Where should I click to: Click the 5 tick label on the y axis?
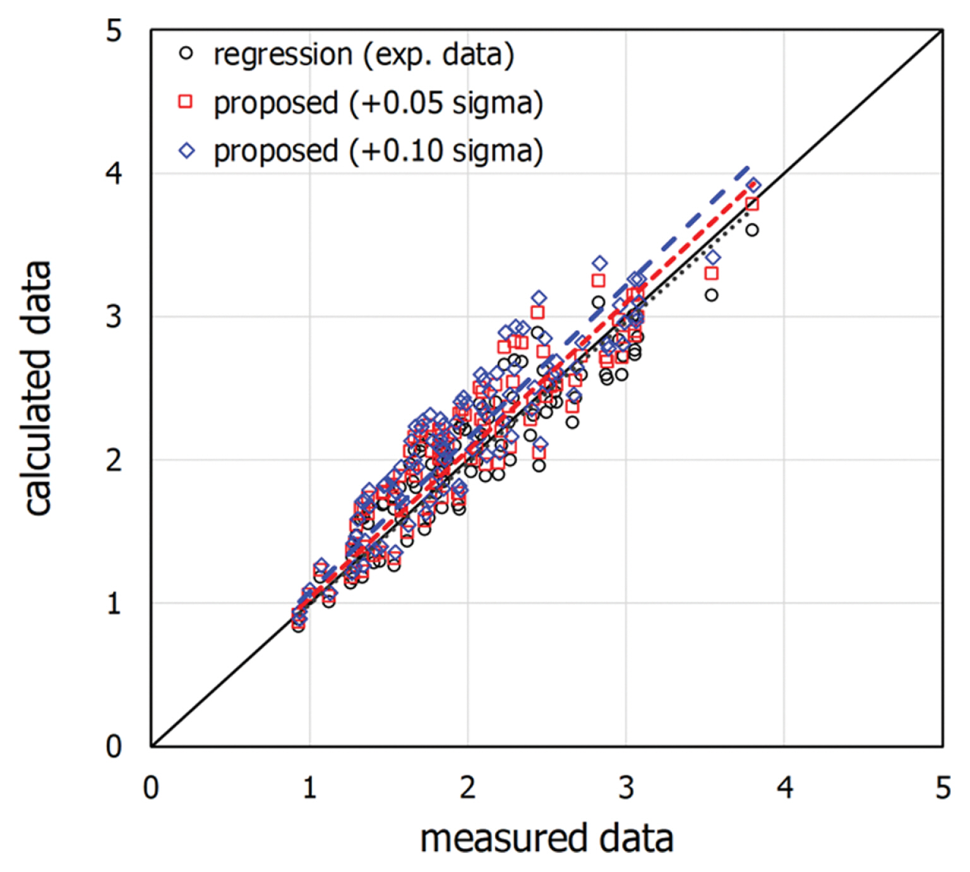point(114,30)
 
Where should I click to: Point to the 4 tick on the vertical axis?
point(114,173)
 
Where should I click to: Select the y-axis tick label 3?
point(114,316)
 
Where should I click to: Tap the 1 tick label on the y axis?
point(114,604)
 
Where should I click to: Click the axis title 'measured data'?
point(546,839)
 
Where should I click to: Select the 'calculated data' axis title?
point(38,388)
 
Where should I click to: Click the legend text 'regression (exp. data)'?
point(364,55)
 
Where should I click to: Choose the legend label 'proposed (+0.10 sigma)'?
point(378,151)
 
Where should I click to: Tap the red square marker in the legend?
point(186,102)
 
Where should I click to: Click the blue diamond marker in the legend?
point(187,150)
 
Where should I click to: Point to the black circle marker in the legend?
point(186,54)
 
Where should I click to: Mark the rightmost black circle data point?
point(751,230)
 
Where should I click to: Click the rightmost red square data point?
point(751,204)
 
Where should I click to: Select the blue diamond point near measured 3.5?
point(712,257)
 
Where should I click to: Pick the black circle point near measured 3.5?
point(712,295)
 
